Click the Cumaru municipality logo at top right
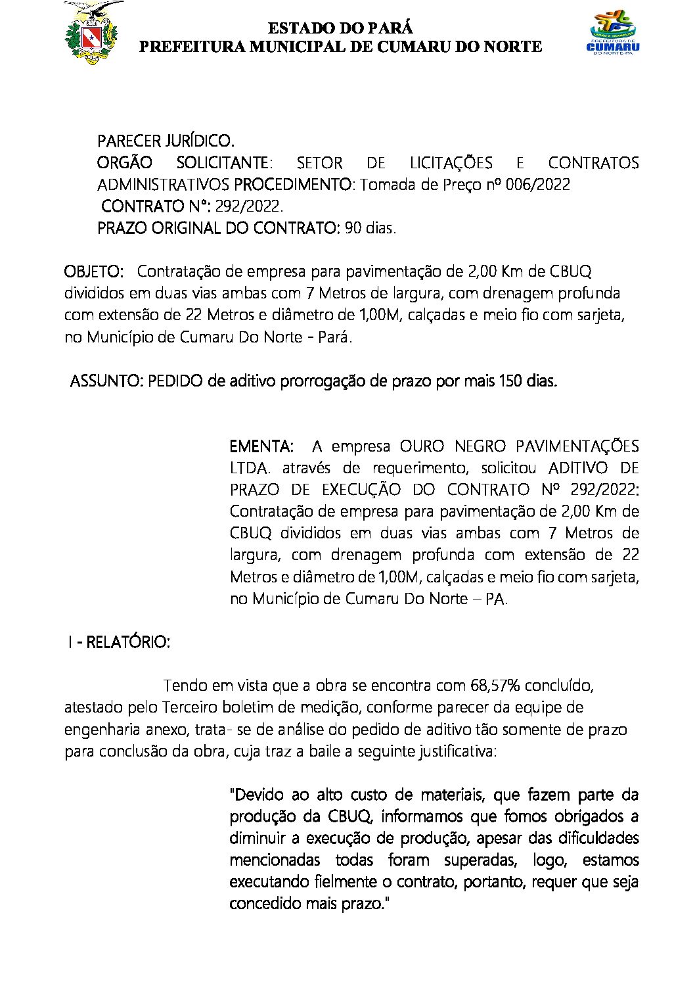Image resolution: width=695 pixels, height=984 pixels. coord(612,33)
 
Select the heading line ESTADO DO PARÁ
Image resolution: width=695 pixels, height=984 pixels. coord(340,28)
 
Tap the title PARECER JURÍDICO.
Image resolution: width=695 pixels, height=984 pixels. coord(166,141)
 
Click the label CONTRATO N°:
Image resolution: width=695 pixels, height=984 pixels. coord(156,206)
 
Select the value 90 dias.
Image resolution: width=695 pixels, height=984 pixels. coord(370,228)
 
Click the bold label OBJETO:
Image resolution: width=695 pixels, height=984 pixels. coord(94,271)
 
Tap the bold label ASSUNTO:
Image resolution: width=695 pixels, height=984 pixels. coord(106,381)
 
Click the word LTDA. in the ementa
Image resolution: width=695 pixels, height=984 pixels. coord(250,468)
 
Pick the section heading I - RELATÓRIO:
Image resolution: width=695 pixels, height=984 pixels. coord(119,642)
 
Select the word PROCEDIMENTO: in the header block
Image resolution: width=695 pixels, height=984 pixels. coord(293,185)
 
